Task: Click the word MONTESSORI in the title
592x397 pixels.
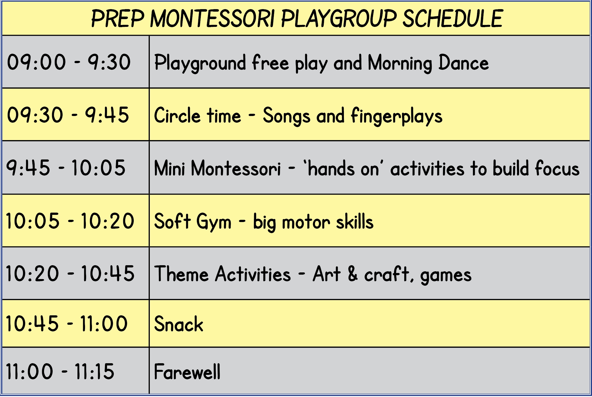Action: (x=213, y=19)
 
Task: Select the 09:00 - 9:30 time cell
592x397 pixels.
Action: (x=69, y=62)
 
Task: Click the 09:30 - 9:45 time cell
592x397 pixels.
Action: (x=68, y=115)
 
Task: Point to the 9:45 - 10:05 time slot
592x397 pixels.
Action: (x=66, y=168)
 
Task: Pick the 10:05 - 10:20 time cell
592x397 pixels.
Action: (x=70, y=221)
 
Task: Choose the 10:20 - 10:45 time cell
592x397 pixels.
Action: (x=70, y=274)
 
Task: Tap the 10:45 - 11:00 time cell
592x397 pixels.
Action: (x=66, y=323)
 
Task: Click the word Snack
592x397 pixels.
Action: (x=179, y=324)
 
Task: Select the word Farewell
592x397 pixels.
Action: (x=187, y=371)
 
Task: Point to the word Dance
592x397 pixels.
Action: (x=464, y=62)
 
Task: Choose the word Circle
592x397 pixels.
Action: (x=177, y=115)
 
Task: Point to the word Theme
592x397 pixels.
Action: (x=181, y=274)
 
